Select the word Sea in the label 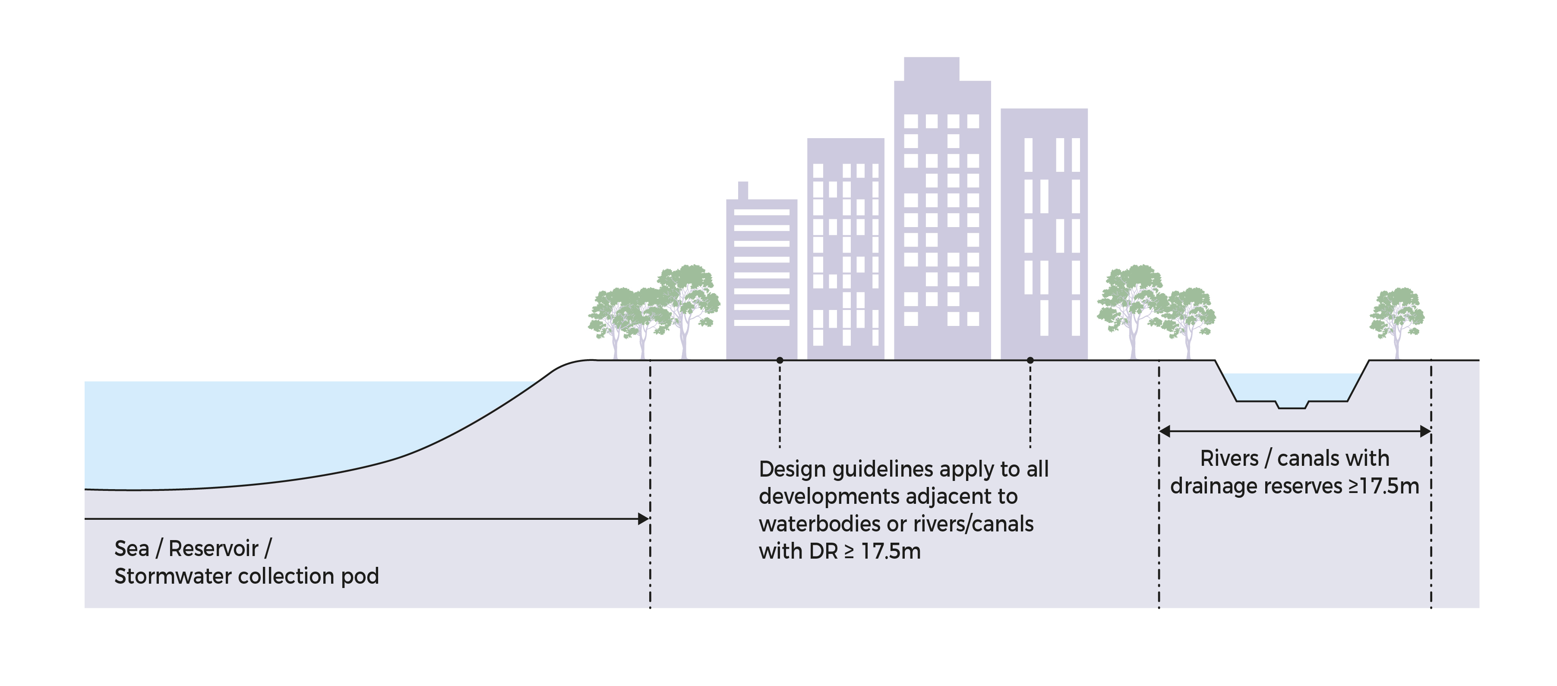(131, 549)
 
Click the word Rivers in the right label (1229, 459)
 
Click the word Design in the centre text (792, 470)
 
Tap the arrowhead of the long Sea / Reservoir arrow (644, 518)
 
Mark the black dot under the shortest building (780, 360)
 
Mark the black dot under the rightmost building (1030, 360)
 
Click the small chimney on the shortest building (743, 190)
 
